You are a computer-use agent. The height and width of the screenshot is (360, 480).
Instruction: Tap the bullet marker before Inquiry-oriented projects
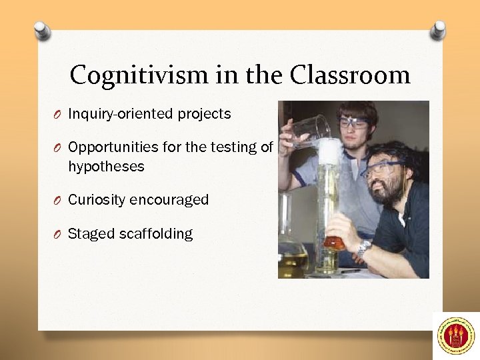point(59,115)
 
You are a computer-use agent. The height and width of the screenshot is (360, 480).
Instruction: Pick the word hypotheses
point(106,167)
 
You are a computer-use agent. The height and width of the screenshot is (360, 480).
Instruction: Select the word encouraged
point(169,200)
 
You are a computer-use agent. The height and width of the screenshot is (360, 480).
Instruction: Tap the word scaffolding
point(156,234)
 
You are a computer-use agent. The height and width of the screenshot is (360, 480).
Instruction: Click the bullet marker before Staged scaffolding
point(59,235)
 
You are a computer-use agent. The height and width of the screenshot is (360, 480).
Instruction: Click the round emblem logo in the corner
point(456,335)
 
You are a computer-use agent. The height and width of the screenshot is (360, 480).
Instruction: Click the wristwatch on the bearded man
point(363,248)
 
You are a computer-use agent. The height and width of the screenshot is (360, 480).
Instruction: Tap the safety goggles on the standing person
point(353,123)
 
